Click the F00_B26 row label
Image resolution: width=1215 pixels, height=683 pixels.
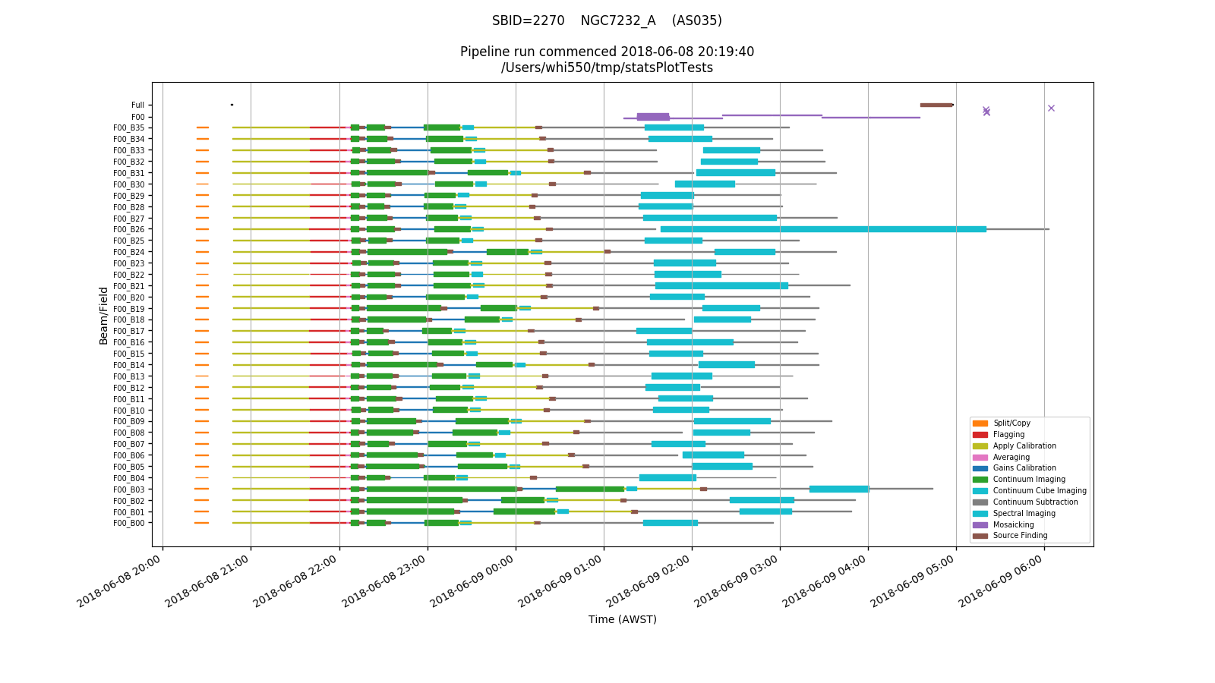tap(128, 229)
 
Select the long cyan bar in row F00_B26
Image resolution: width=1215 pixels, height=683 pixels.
tap(823, 229)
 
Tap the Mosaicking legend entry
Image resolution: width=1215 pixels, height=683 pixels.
tap(1013, 525)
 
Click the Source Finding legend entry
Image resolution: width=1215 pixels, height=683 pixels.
tap(1020, 536)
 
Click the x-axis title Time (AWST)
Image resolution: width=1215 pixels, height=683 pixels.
tap(622, 619)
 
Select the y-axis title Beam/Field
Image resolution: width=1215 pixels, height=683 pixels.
tap(103, 315)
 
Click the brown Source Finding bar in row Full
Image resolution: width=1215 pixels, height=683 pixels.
tap(936, 105)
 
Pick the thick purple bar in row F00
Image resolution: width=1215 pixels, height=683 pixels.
tap(652, 117)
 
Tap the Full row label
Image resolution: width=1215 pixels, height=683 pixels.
tap(137, 105)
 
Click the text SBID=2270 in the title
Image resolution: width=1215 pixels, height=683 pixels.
tap(528, 21)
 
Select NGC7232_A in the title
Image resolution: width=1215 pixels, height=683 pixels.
tap(617, 21)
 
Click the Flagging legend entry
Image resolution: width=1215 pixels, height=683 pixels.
tap(1008, 435)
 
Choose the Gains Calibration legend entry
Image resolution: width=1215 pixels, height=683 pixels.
tap(1024, 468)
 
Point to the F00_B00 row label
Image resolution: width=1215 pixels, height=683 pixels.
tap(128, 524)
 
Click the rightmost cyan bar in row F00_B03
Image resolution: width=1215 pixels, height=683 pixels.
tap(838, 489)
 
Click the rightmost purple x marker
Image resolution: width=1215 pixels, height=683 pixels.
tap(1051, 109)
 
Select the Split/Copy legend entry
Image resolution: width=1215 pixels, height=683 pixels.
tap(1011, 423)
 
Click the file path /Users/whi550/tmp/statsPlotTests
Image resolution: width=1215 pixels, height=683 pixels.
tap(607, 68)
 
